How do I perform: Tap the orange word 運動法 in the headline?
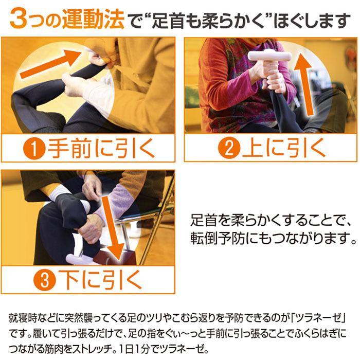point(93,19)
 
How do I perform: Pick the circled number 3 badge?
point(45,280)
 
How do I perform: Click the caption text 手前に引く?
point(101,149)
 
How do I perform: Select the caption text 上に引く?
point(284,148)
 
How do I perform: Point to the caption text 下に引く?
point(100,279)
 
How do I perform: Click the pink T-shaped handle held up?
point(269,56)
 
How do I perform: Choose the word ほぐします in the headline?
point(312,20)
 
